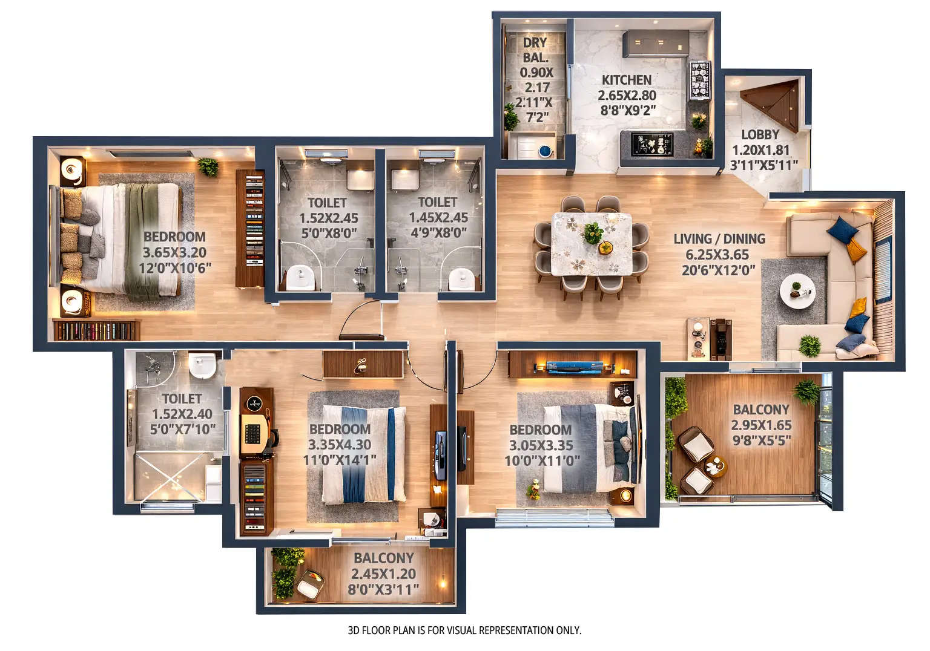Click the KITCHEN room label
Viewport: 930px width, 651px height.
[x=626, y=80]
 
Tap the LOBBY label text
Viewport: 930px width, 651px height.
[x=760, y=135]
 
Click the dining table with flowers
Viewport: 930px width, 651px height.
[x=592, y=243]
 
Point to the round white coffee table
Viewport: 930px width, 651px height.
[x=797, y=292]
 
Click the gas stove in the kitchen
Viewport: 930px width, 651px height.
[x=699, y=80]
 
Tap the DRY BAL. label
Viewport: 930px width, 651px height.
[x=535, y=50]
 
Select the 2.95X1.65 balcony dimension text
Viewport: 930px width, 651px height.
[x=761, y=425]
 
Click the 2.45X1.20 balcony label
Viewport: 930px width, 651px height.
[x=383, y=574]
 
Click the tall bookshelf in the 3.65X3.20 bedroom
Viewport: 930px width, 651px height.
[x=250, y=227]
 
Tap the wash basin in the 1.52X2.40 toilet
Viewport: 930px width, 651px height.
[x=202, y=365]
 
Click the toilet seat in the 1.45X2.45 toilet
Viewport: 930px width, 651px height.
[x=461, y=279]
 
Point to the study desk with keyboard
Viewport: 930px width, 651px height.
[x=254, y=427]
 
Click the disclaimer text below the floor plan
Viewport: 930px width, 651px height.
[x=464, y=630]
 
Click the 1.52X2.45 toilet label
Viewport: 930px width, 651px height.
[x=328, y=217]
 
